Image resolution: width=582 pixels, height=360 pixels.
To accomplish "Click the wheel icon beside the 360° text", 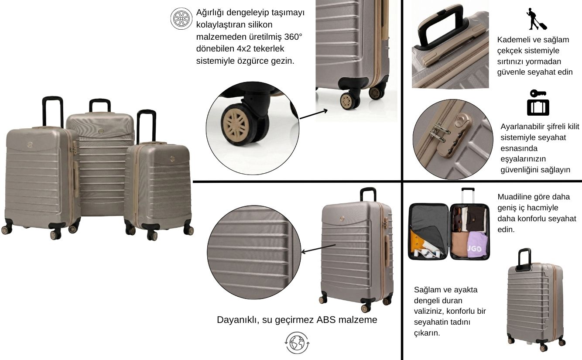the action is click(181, 18).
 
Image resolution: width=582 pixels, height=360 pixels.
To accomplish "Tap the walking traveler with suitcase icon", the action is click(536, 19).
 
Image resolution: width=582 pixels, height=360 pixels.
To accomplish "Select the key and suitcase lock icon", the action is click(538, 103).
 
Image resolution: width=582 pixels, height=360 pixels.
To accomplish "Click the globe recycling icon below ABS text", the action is click(297, 343).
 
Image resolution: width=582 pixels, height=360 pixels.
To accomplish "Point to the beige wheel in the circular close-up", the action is click(236, 125).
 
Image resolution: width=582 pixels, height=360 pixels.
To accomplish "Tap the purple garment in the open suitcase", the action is click(478, 245).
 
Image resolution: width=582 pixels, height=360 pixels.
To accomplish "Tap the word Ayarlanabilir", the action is click(523, 127).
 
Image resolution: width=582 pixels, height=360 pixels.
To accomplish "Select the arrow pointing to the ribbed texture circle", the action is click(318, 248).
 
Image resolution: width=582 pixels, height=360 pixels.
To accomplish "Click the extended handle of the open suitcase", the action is click(468, 195).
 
